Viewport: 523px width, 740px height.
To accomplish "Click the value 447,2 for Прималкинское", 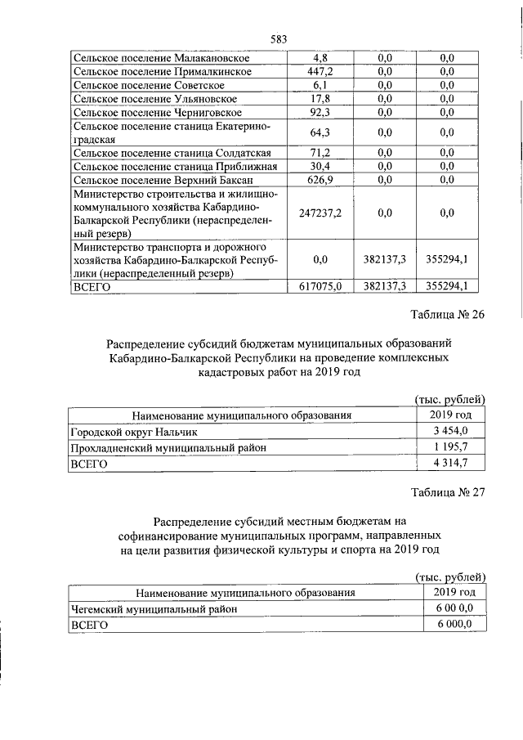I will (x=321, y=71).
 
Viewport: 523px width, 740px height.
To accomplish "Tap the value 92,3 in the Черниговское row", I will (x=321, y=111).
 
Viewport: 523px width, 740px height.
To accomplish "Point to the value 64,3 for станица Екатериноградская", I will (x=321, y=132).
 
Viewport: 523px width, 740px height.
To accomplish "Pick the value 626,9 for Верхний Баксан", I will (x=321, y=179).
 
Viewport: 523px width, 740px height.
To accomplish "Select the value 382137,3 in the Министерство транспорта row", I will (x=387, y=259).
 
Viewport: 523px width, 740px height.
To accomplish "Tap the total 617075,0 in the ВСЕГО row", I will (x=321, y=285).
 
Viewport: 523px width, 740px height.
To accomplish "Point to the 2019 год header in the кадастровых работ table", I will (x=450, y=415).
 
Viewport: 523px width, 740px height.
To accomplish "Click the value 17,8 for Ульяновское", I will (x=321, y=98).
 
